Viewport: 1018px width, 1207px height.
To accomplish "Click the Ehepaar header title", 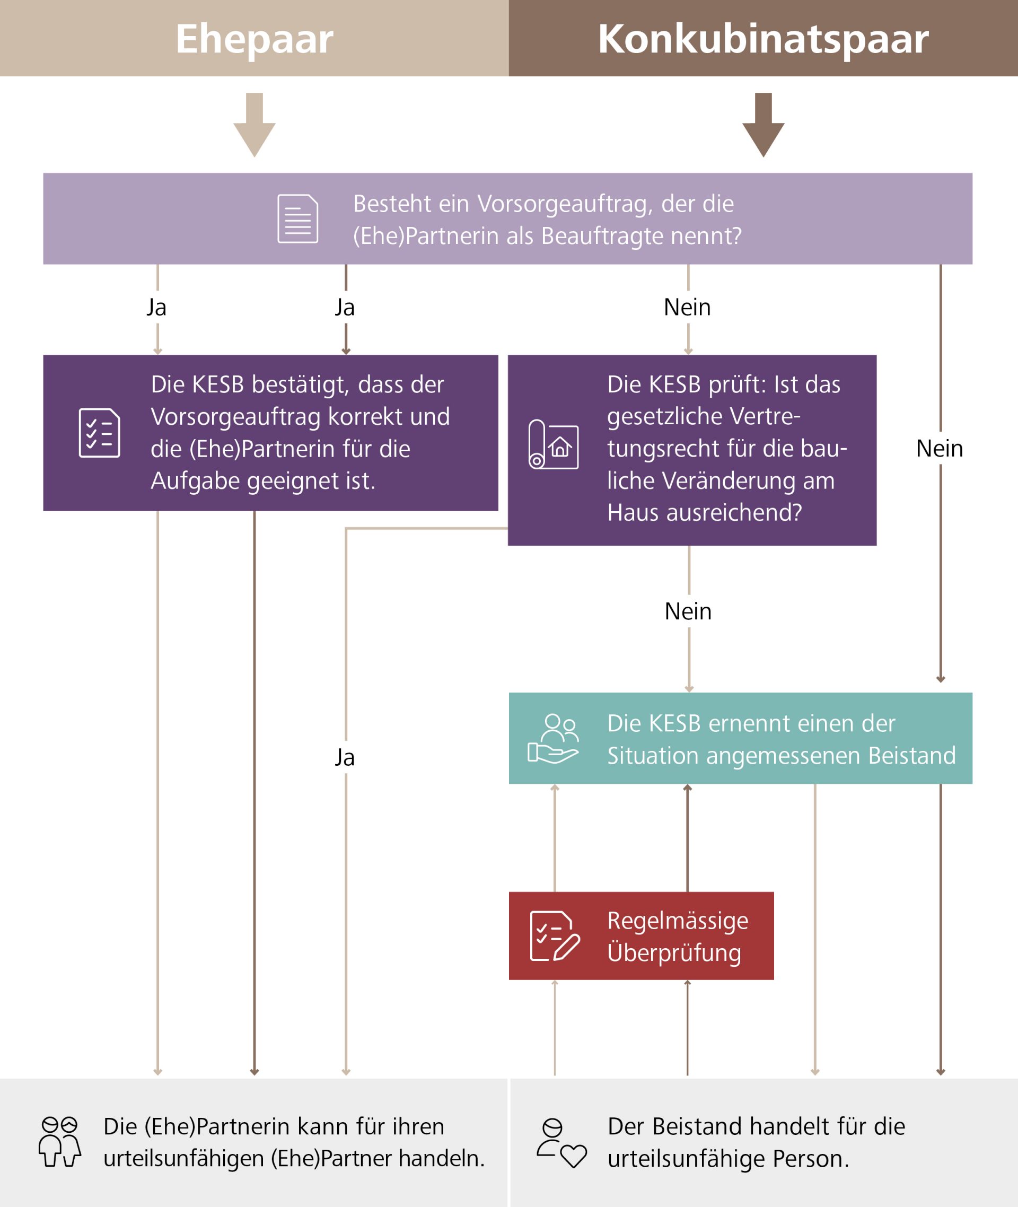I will [254, 39].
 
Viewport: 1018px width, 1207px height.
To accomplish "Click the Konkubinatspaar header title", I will [763, 39].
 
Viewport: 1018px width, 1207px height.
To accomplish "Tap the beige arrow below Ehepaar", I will [254, 124].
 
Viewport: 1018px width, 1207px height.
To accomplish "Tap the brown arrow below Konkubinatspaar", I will [763, 124].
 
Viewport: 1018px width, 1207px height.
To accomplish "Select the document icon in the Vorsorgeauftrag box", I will [297, 219].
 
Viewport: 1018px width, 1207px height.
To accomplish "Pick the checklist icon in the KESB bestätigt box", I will [99, 433].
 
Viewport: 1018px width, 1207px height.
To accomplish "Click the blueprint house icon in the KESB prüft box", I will [554, 444].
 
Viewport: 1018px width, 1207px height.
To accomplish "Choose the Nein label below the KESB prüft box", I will [688, 611].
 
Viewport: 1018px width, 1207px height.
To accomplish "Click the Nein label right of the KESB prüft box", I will [940, 449].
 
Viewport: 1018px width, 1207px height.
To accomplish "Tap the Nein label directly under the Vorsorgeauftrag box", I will [687, 307].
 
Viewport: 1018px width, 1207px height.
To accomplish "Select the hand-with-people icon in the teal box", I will [553, 739].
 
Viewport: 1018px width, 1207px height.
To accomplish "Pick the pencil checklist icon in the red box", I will [554, 935].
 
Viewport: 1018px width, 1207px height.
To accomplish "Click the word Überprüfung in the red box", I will [674, 952].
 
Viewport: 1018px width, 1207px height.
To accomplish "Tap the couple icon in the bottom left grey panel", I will [59, 1142].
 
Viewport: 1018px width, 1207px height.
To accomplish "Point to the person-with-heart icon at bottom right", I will [561, 1143].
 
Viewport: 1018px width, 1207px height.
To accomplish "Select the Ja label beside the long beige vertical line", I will [345, 757].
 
